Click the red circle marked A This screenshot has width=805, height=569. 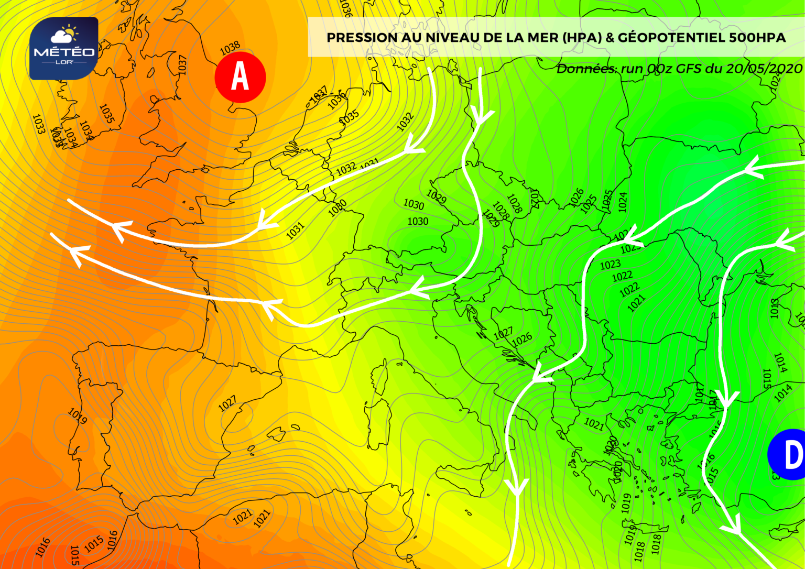click(240, 77)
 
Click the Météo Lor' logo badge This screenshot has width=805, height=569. click(63, 48)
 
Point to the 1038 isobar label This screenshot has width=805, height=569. click(230, 49)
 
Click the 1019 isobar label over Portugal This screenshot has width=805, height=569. click(78, 416)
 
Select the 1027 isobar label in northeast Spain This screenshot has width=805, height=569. click(227, 403)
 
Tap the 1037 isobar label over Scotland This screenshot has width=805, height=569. click(182, 64)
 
